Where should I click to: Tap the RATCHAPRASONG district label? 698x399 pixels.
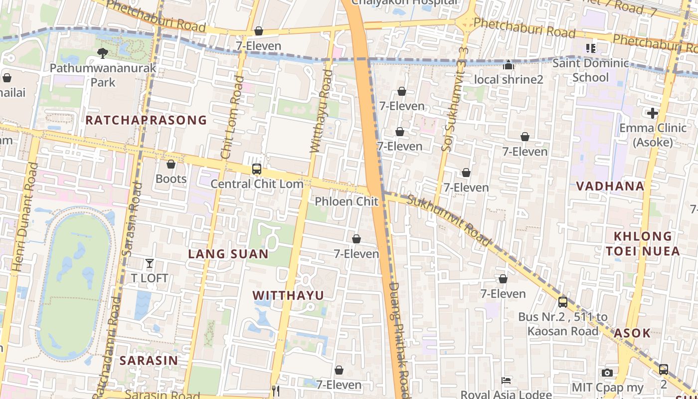point(146,120)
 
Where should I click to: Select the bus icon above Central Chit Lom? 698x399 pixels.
point(257,169)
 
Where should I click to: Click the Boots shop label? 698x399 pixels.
point(171,179)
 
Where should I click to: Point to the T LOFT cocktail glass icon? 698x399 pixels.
point(150,263)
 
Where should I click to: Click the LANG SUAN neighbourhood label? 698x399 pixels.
point(228,254)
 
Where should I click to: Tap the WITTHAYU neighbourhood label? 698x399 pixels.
point(288,295)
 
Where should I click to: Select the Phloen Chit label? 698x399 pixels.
point(347,201)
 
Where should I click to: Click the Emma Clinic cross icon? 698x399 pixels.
point(653,113)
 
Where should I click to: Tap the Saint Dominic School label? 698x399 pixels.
point(591,70)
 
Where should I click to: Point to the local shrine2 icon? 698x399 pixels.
point(508,65)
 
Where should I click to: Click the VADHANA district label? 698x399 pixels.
point(610,187)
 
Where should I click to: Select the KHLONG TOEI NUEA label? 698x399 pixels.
point(643,243)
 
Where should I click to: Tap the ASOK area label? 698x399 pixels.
point(632,333)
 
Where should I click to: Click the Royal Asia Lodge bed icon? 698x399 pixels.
point(506,381)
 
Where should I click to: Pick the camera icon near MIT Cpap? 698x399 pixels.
point(607,373)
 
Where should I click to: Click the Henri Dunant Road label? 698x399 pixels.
point(23,217)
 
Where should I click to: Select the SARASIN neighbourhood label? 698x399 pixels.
point(149,360)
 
